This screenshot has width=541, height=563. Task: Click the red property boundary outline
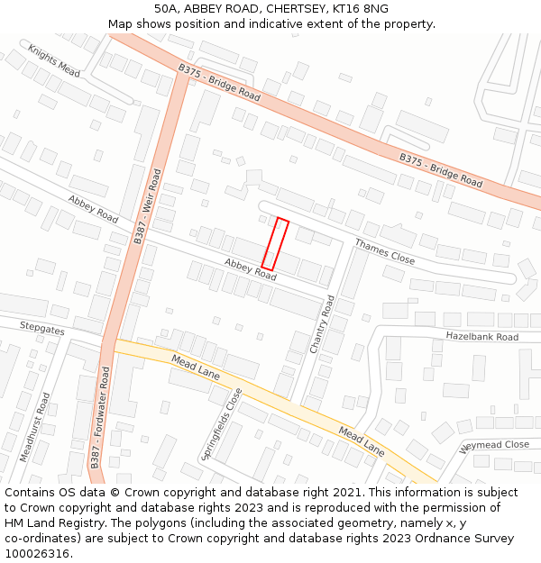pyautogui.click(x=275, y=244)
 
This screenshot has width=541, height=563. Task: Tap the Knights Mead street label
pyautogui.click(x=54, y=59)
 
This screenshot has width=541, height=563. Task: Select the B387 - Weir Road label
pyautogui.click(x=148, y=206)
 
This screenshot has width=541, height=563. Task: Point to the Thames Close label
pyautogui.click(x=384, y=251)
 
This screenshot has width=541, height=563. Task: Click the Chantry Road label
pyautogui.click(x=323, y=324)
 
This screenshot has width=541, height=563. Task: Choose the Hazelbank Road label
pyautogui.click(x=482, y=337)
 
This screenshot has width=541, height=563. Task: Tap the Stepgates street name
pyautogui.click(x=42, y=330)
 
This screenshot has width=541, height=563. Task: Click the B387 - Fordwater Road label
pyautogui.click(x=100, y=418)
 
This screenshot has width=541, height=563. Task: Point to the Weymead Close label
pyautogui.click(x=495, y=445)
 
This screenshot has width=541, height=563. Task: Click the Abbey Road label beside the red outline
pyautogui.click(x=250, y=269)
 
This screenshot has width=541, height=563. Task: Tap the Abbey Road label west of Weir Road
pyautogui.click(x=93, y=209)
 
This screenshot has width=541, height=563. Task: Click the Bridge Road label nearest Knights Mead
pyautogui.click(x=219, y=82)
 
